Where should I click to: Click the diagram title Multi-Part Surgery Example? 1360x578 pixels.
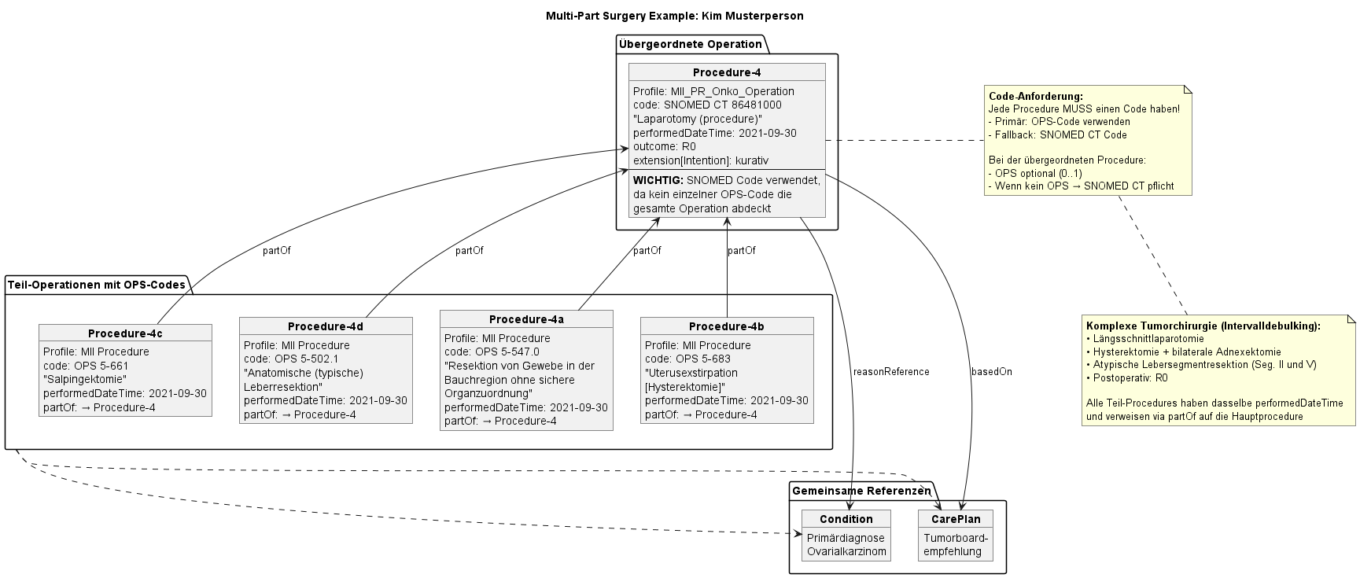coord(674,16)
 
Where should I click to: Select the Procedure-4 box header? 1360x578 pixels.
coord(726,72)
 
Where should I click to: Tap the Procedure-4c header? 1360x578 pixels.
coord(125,333)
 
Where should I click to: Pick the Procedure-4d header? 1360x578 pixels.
coord(325,326)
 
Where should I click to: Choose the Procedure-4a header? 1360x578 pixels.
coord(525,319)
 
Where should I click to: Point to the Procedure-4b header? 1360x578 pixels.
coord(726,326)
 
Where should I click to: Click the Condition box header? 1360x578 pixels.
coord(846,519)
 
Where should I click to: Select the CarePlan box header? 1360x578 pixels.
coord(955,519)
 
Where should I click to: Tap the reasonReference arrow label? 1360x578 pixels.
coord(890,371)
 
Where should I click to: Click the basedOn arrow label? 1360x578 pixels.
coord(991,371)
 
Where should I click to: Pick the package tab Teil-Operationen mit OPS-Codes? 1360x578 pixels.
coord(95,285)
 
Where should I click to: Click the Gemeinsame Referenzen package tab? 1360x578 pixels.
coord(861,491)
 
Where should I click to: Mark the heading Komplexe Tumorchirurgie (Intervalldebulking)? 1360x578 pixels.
coord(1203,326)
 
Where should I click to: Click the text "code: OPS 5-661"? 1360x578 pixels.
coord(86,366)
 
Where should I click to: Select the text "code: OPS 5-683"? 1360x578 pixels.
coord(687,359)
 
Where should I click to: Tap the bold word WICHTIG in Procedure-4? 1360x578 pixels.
coord(658,180)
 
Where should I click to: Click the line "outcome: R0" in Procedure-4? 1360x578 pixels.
coord(664,146)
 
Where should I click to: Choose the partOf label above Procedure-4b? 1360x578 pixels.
coord(741,251)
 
